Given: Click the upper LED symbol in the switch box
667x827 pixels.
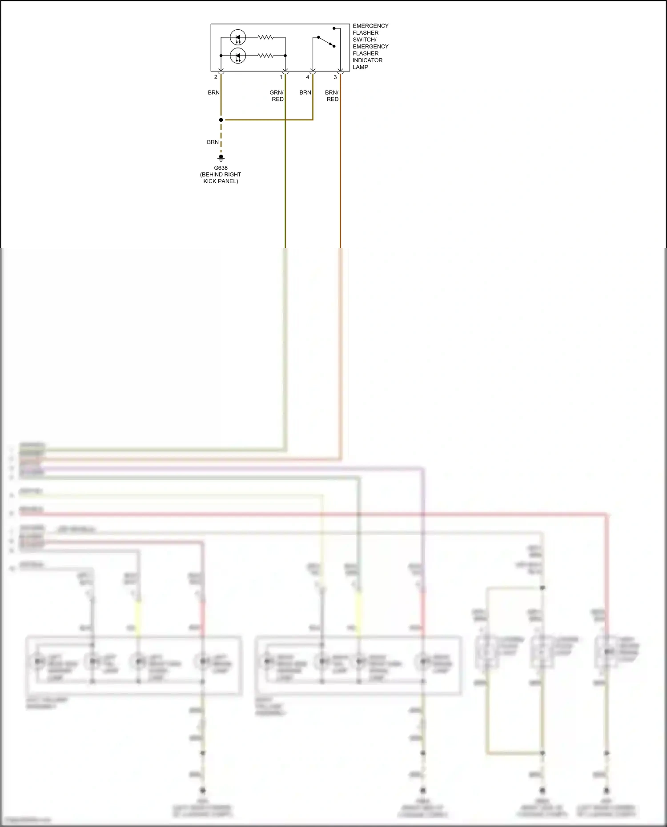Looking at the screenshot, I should (238, 37).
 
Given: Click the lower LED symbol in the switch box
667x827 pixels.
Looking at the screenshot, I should (238, 56).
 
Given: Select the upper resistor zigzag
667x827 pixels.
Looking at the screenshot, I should (265, 37).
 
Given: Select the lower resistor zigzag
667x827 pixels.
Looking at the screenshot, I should (265, 56).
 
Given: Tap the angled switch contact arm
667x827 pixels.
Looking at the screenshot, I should (326, 41).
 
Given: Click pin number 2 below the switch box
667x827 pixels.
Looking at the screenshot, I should (216, 77).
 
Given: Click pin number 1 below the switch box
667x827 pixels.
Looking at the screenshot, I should (281, 77).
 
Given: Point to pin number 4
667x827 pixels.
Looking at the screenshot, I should (308, 77).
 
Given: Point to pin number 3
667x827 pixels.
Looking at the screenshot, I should (335, 77).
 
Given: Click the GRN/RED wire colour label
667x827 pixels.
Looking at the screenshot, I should (277, 96).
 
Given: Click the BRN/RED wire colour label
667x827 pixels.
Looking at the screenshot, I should (332, 96).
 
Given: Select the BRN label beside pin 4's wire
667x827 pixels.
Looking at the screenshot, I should (305, 92).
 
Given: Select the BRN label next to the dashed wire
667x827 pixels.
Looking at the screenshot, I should (213, 142).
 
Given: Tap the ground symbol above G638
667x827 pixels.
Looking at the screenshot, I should (221, 158).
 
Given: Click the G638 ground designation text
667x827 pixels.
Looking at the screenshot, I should (221, 168).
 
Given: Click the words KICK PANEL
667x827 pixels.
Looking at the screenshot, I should (221, 181).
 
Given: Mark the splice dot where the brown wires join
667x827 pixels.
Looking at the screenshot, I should (221, 120).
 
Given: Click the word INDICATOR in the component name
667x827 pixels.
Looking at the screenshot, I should (368, 60).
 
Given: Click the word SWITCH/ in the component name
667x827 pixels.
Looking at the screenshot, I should (365, 40).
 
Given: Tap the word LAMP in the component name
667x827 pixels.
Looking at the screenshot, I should (361, 68).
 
